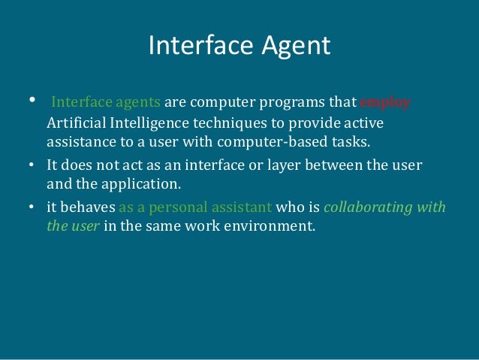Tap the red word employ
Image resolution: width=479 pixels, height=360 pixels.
385,103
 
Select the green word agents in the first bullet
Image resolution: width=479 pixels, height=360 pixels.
137,103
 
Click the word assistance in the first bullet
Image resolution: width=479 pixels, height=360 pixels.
77,141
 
